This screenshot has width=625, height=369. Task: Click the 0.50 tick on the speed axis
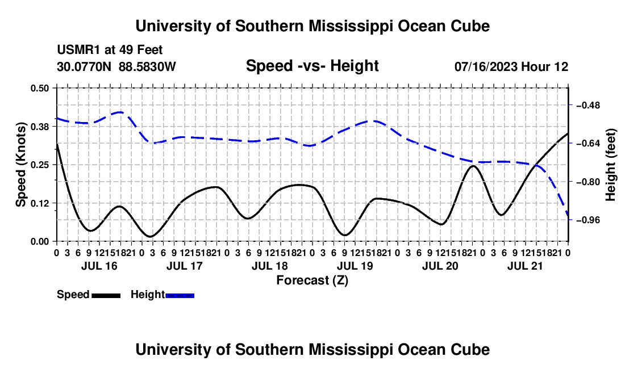click(x=39, y=88)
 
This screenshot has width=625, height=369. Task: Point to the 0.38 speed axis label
click(x=39, y=127)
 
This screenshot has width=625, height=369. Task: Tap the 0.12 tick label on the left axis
click(x=39, y=203)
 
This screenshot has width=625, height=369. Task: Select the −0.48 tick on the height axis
click(x=588, y=106)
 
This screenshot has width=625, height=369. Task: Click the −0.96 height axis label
click(x=588, y=220)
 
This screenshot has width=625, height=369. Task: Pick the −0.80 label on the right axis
click(x=588, y=182)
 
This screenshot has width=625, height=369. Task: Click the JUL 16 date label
click(x=99, y=266)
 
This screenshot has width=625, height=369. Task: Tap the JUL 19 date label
click(x=355, y=266)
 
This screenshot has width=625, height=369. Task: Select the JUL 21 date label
click(x=525, y=266)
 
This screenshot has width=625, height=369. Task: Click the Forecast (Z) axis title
click(x=312, y=280)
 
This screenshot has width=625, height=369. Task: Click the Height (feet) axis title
click(x=611, y=165)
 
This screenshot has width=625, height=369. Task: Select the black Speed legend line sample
click(x=106, y=295)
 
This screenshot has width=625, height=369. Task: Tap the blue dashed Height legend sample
click(x=180, y=295)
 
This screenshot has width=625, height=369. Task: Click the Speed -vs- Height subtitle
click(x=312, y=66)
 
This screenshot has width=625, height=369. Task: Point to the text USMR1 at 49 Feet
click(x=110, y=50)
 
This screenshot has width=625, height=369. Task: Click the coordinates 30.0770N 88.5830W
click(x=116, y=66)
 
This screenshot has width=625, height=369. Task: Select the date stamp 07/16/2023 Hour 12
click(x=511, y=66)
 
